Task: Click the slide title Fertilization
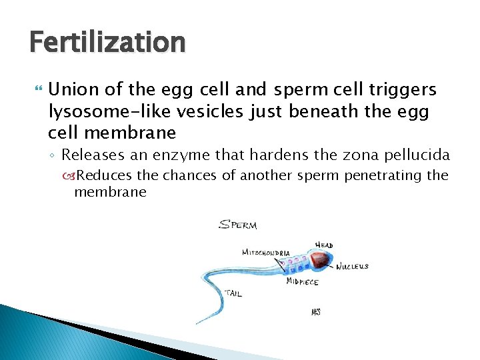tap(107, 43)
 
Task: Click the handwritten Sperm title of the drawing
tap(238, 225)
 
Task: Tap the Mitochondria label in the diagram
tap(265, 253)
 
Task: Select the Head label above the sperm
tap(324, 245)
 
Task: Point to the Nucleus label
tap(352, 267)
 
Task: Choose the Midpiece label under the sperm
tap(302, 282)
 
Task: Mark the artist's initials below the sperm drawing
tap(316, 311)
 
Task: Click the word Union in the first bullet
tap(71, 89)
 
